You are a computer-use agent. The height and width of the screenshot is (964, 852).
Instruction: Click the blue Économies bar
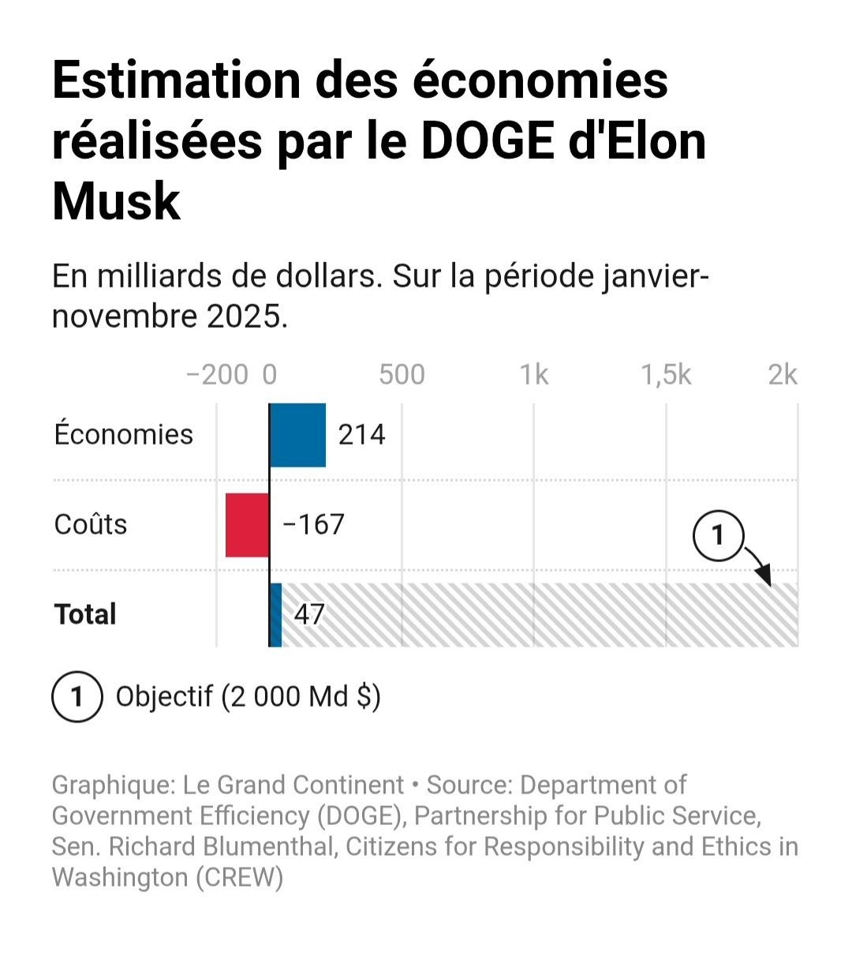297,435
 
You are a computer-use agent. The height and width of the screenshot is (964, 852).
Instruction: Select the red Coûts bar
247,525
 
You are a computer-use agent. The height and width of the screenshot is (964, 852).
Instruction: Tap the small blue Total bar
275,615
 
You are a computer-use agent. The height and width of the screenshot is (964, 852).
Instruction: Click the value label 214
361,435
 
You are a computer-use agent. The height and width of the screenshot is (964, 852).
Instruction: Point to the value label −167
313,525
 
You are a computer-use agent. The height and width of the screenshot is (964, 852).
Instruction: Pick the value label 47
308,615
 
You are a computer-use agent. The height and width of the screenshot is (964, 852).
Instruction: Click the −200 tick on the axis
217,375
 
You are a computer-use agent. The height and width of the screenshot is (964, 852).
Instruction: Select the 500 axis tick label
402,375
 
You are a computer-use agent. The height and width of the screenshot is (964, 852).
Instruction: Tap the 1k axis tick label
534,375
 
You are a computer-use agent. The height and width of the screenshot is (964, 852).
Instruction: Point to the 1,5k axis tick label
666,375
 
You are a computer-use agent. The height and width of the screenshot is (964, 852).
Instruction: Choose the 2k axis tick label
783,375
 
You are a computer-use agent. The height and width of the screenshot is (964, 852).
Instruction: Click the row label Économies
124,435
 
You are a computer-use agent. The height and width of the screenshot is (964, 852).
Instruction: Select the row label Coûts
91,525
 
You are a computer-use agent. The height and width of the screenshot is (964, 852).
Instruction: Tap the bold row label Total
85,615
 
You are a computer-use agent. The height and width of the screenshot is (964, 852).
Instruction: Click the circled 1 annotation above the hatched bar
718,536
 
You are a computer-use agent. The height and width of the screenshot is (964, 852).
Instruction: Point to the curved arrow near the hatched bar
759,565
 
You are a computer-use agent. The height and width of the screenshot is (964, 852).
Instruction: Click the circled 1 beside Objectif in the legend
77,697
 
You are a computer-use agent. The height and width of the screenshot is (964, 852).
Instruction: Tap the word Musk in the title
117,201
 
